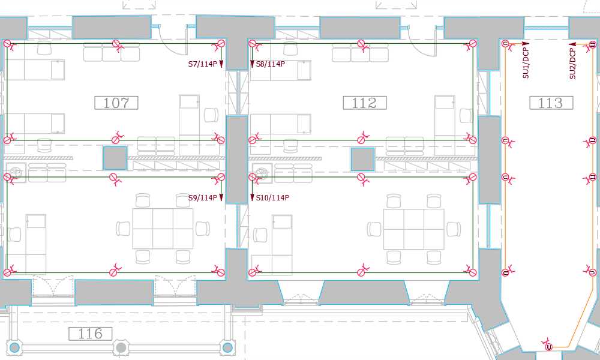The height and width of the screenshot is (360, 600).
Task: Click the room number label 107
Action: point(116,103)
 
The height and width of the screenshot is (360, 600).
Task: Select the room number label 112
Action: point(365,103)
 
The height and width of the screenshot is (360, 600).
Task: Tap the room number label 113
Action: point(551,103)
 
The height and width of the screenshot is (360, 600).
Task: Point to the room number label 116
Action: point(91,334)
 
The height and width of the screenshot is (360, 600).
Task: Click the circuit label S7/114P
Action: point(202,64)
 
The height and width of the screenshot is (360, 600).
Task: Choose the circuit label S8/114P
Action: point(271,64)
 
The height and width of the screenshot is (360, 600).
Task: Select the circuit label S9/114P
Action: point(202,198)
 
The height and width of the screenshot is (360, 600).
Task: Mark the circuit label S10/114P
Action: point(272,198)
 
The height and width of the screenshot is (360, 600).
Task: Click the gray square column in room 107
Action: point(115,158)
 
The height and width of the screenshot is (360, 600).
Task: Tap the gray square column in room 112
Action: point(363,159)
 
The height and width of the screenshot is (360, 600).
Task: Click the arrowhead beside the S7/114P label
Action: point(221,64)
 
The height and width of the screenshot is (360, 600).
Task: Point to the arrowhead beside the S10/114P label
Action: point(252,197)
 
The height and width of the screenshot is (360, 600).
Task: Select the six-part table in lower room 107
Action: point(163,229)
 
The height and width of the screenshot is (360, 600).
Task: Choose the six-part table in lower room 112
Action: point(414,229)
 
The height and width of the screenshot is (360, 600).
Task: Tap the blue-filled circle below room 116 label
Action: point(14,348)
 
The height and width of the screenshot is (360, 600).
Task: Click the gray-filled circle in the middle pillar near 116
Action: point(121,348)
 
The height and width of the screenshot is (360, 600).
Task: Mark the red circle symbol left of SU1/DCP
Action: point(505,44)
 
